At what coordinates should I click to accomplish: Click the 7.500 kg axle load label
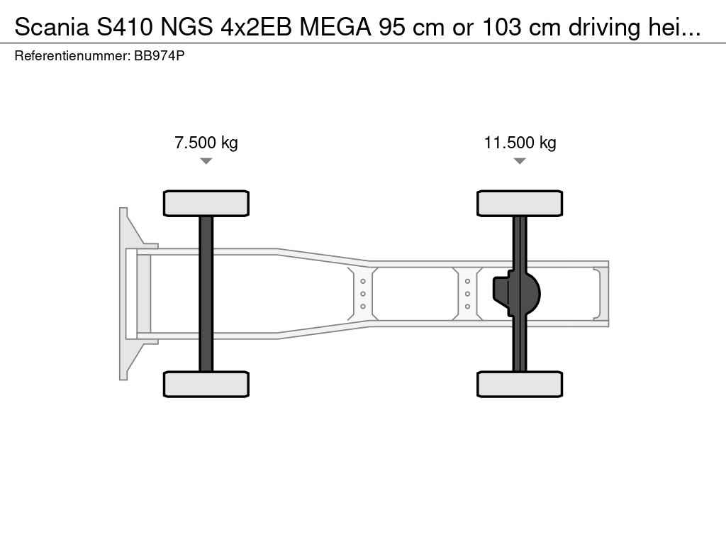206,142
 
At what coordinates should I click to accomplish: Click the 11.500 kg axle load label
520,142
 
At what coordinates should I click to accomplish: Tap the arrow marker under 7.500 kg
206,161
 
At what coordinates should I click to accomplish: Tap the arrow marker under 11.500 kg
520,161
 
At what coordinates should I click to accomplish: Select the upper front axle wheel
206,203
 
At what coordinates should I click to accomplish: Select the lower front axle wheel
206,384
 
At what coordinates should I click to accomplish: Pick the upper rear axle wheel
520,203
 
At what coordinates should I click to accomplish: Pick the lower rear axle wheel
520,384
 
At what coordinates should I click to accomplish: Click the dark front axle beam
206,294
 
